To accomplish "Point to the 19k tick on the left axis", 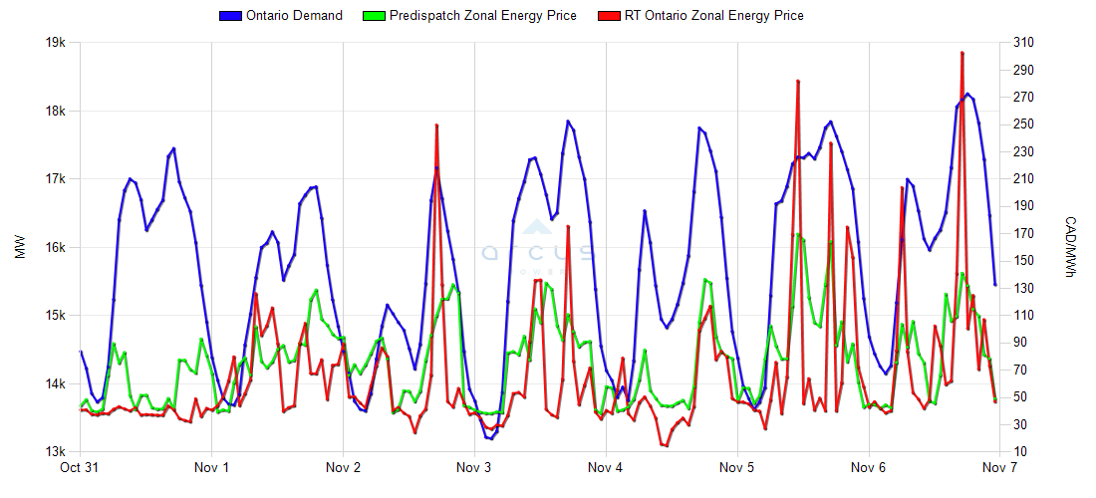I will coord(55,43).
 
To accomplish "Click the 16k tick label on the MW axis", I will coord(55,247).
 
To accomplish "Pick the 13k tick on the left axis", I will coord(55,451).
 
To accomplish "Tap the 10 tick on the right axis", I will coord(1017,451).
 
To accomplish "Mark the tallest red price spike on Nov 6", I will coord(961,53).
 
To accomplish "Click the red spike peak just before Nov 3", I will coord(436,125).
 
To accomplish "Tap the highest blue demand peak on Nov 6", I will coord(967,94).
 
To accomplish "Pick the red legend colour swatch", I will coord(607,15).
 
